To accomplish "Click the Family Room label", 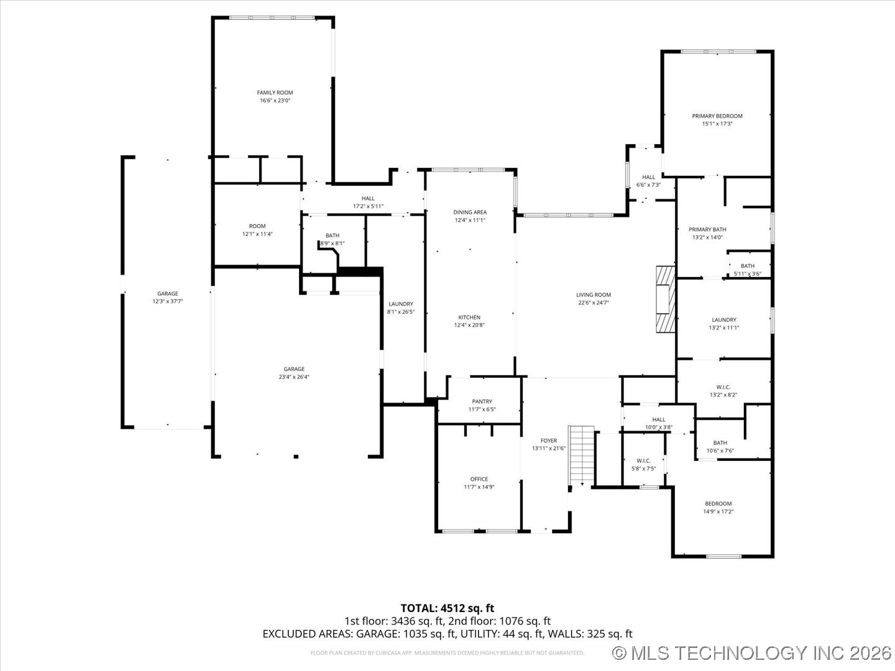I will [275, 93].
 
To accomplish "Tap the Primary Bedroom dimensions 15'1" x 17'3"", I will [717, 124].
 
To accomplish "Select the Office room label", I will [479, 479].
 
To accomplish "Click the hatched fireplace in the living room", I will [665, 300].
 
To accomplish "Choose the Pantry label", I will [482, 401].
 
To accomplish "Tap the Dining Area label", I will [470, 212].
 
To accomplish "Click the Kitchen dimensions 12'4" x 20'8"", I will [470, 325].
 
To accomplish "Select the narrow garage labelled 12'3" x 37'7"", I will [167, 298].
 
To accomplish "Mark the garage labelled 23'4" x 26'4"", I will [294, 373].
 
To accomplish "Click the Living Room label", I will [594, 295].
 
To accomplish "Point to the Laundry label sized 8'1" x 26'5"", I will [401, 304].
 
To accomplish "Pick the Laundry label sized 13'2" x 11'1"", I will [724, 320].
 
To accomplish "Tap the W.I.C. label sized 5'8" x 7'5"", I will [643, 460].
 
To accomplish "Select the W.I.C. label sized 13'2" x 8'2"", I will [723, 387].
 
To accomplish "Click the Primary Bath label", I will [707, 229].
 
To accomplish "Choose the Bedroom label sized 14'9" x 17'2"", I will [718, 504].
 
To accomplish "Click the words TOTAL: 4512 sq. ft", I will [447, 608].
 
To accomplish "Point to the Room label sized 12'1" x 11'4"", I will [257, 226].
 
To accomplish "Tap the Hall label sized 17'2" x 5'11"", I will [368, 198].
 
